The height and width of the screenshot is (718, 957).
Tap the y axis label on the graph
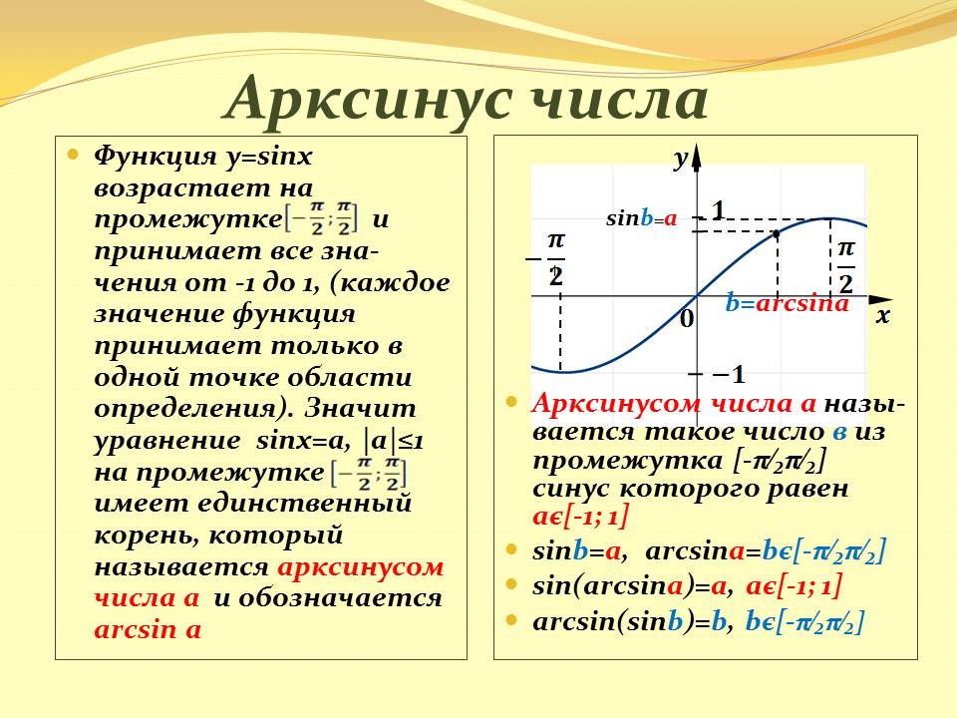point(680,159)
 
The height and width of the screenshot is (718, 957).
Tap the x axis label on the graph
point(881,317)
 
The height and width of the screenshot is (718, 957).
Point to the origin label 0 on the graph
point(686,319)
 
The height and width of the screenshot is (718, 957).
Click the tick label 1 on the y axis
point(718,209)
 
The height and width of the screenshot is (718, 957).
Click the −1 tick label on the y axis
point(729,375)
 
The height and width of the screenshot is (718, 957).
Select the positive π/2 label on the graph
point(845,261)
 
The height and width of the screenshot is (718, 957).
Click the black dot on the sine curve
point(777,233)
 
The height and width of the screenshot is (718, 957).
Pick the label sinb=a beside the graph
point(641,219)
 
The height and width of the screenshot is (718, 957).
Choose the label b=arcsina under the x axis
point(787,304)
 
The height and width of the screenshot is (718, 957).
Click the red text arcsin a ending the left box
point(148,630)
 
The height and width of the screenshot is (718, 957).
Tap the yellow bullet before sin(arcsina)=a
point(511,584)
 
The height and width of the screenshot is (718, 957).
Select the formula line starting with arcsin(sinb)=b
point(698,621)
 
